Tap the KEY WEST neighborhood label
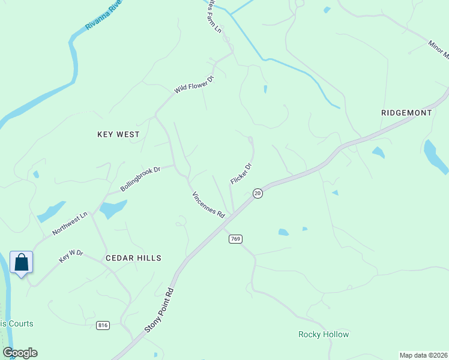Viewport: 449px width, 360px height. point(118,134)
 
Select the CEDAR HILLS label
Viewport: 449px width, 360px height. point(133,257)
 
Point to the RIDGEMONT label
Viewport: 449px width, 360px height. point(406,113)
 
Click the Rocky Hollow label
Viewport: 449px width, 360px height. point(324,334)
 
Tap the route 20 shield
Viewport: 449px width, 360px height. point(258,193)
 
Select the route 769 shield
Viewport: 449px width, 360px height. point(235,239)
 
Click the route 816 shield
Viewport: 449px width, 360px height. point(103,325)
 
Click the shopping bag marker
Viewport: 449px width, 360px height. point(22,263)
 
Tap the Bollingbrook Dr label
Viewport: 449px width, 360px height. point(140,179)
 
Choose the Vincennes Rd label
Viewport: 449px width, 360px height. point(208,205)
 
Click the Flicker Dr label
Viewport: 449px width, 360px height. point(241,174)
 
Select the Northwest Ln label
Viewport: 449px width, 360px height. point(70,223)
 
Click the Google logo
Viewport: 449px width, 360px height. point(20,353)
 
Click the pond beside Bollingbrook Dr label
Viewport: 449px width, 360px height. point(113,209)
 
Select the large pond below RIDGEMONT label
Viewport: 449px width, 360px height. point(435,155)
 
